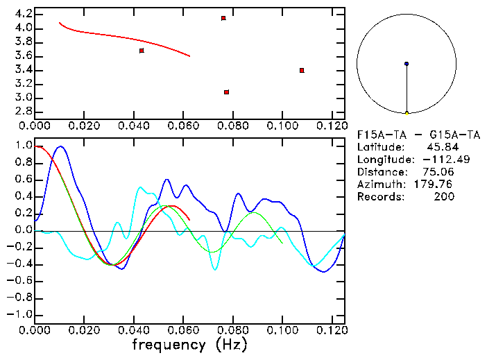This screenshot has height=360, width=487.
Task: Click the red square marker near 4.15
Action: pyautogui.click(x=223, y=18)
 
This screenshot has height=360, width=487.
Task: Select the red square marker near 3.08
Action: pyautogui.click(x=227, y=92)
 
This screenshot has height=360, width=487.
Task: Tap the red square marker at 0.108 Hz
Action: pyautogui.click(x=302, y=70)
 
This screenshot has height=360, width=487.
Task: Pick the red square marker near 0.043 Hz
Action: pyautogui.click(x=142, y=51)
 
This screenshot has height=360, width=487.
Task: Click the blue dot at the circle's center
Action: pyautogui.click(x=407, y=64)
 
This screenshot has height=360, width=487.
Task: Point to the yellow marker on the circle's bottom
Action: pyautogui.click(x=407, y=112)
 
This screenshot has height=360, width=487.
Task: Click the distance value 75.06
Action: pyautogui.click(x=438, y=172)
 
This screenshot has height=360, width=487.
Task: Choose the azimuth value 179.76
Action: pyautogui.click(x=434, y=185)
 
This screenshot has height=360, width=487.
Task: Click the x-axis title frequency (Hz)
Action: pyautogui.click(x=189, y=345)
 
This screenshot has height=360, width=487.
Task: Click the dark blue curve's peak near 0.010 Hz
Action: pyautogui.click(x=61, y=146)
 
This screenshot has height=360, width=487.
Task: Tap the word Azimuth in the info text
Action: pyautogui.click(x=379, y=185)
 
